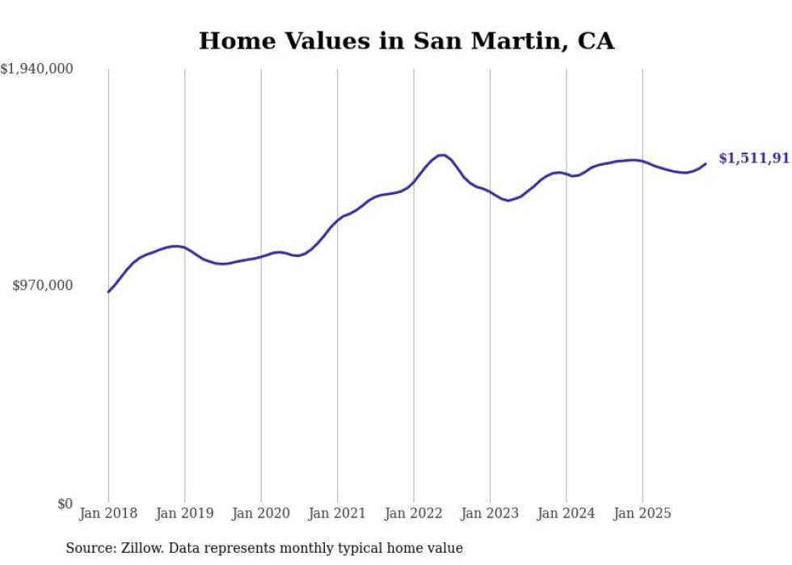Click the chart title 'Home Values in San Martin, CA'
[x=407, y=40]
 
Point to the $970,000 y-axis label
[x=43, y=285]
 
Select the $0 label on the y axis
[x=65, y=504]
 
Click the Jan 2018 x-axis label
[x=108, y=513]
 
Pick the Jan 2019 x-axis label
[x=184, y=513]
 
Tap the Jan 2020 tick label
[x=261, y=513]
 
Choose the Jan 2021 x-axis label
[x=337, y=513]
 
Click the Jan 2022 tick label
[x=414, y=513]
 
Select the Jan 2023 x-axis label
[x=490, y=513]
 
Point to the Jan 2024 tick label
[x=566, y=513]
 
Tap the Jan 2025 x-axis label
[x=642, y=513]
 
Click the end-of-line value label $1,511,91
[x=753, y=158]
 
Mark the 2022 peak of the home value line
[x=441, y=154]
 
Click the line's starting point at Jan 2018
[x=108, y=292]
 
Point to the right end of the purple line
[x=706, y=163]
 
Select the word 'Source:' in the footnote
[x=90, y=548]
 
